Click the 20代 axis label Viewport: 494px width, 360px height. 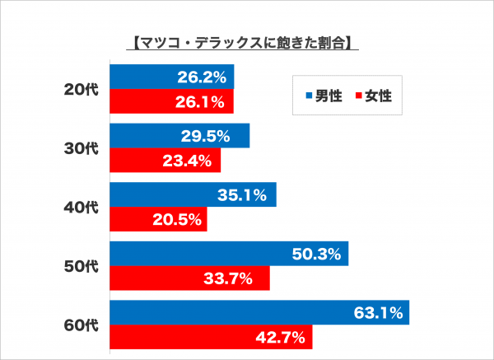coord(81,89)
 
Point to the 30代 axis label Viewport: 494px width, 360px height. coord(81,148)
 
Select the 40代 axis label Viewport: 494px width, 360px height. coord(81,208)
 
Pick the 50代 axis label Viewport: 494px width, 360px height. coord(81,267)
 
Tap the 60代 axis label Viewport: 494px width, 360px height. coord(81,325)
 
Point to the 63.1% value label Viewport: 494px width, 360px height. coord(379,313)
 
